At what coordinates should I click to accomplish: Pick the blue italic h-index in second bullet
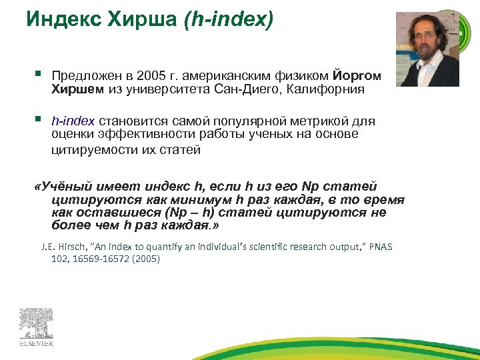(x=74, y=121)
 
